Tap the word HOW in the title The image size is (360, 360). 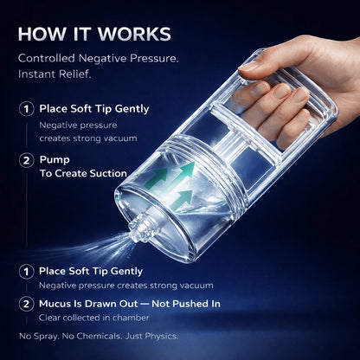40,35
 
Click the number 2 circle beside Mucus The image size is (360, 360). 28,304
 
